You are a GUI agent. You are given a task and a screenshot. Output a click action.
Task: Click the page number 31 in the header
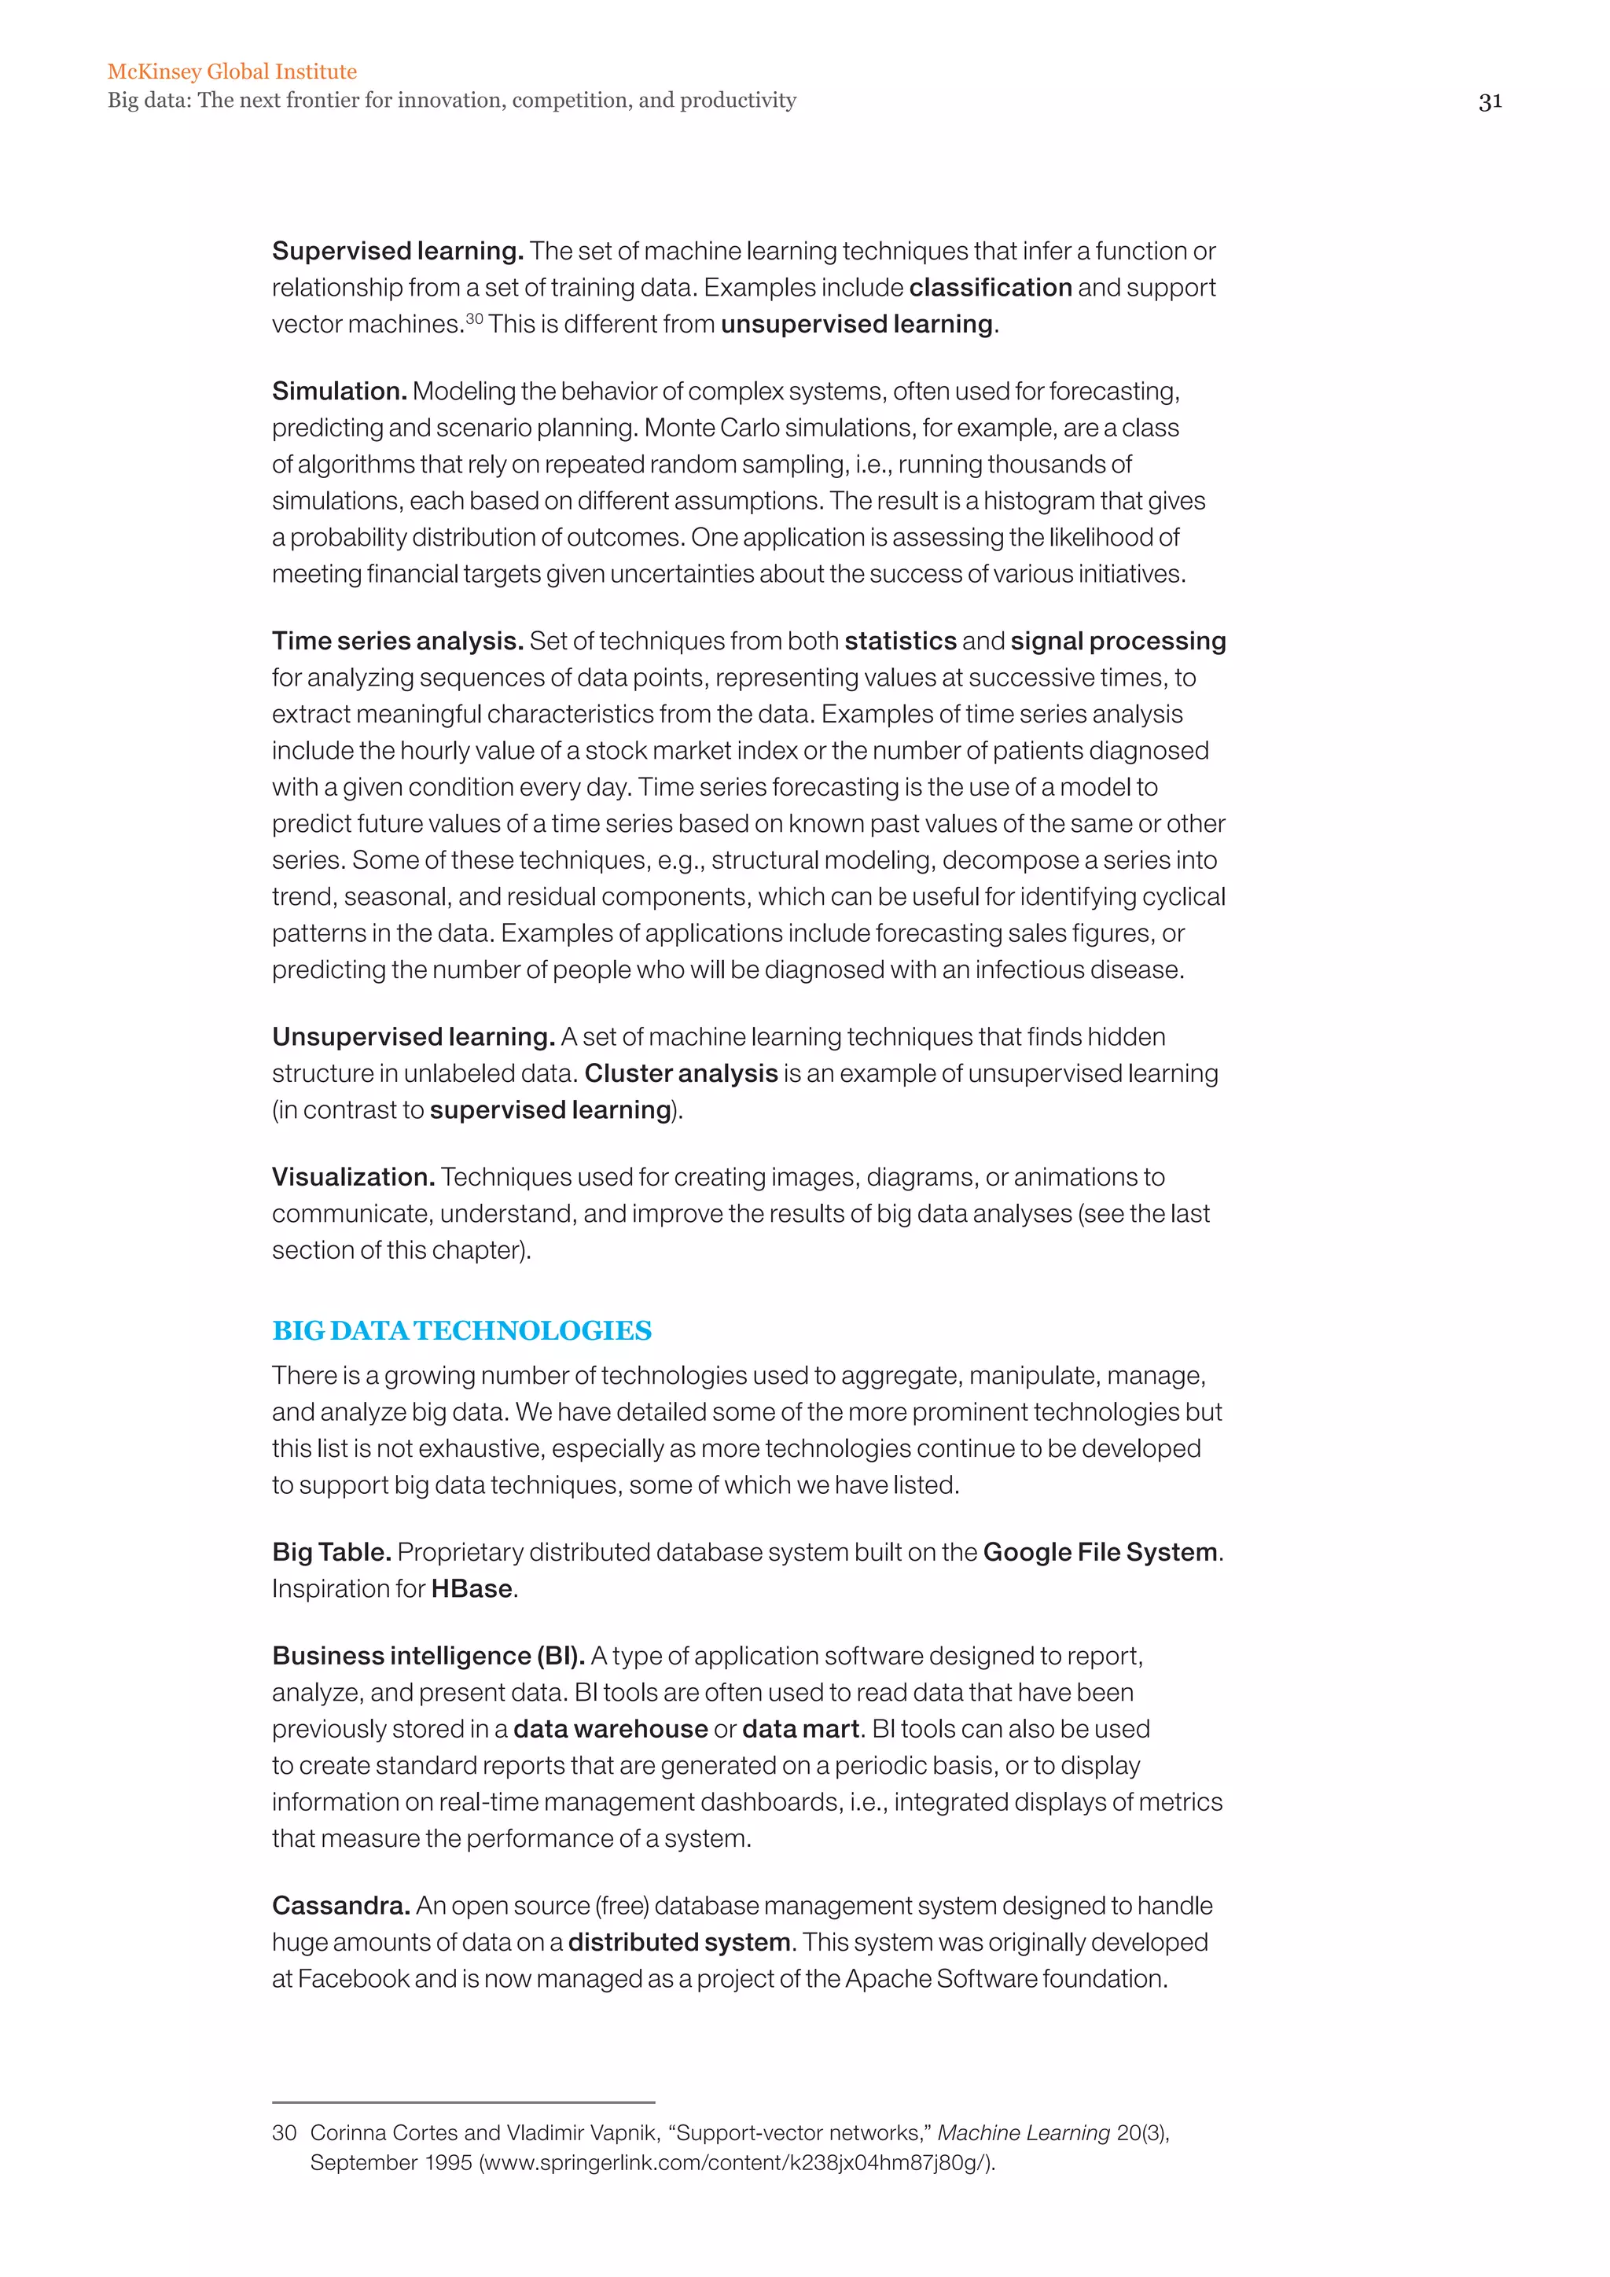[x=1489, y=101]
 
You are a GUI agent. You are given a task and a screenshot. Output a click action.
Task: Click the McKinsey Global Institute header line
[x=232, y=72]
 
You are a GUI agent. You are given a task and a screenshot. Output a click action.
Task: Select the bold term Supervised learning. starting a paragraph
[x=398, y=251]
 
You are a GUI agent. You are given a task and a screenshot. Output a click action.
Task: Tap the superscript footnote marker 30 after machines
[x=474, y=318]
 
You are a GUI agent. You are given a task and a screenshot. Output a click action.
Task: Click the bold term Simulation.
[x=339, y=391]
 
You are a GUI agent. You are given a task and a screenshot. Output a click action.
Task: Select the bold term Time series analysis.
[x=398, y=641]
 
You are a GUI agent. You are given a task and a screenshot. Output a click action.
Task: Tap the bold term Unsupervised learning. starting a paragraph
[x=413, y=1036]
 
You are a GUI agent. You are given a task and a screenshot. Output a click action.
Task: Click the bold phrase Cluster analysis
[x=680, y=1073]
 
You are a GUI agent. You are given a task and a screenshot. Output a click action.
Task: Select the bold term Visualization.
[x=353, y=1176]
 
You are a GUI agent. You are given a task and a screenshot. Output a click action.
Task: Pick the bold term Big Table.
[x=331, y=1552]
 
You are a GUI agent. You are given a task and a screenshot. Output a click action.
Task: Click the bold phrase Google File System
[x=1100, y=1552]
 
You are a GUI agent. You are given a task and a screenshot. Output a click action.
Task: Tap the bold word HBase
[x=472, y=1589]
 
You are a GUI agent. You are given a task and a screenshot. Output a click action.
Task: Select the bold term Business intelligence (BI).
[x=428, y=1655]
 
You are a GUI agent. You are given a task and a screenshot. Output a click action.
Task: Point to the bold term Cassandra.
[x=340, y=1905]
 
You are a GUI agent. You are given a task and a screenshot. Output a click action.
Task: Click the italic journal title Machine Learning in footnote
[x=1023, y=2132]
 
